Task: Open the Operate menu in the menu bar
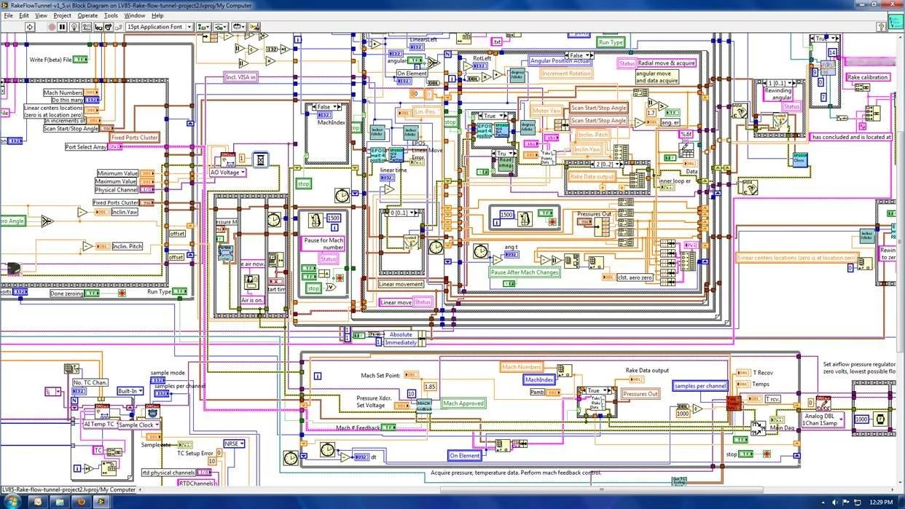click(87, 15)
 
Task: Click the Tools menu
click(111, 15)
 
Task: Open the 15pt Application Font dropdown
click(159, 27)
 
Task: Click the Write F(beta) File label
click(50, 60)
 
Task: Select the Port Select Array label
click(86, 147)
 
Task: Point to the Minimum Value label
click(117, 173)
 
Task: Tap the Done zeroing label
click(66, 293)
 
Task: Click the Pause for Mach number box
click(324, 243)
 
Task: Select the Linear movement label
click(401, 284)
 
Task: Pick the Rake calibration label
click(867, 77)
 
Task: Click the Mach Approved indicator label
click(463, 403)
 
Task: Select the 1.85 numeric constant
click(430, 387)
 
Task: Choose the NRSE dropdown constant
click(234, 443)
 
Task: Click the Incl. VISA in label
click(240, 76)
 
